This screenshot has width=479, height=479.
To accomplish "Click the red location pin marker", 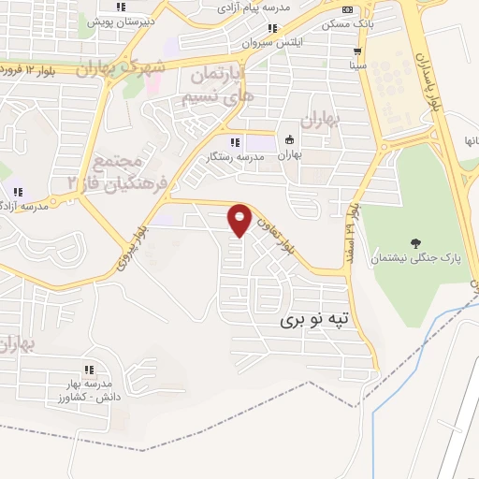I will click(240, 221).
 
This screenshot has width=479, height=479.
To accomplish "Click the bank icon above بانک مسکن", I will click(347, 9).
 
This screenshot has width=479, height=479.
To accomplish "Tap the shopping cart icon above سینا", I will click(356, 51).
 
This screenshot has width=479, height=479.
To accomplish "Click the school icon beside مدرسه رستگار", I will click(235, 142).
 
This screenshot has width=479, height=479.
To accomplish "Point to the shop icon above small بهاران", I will click(289, 140).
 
